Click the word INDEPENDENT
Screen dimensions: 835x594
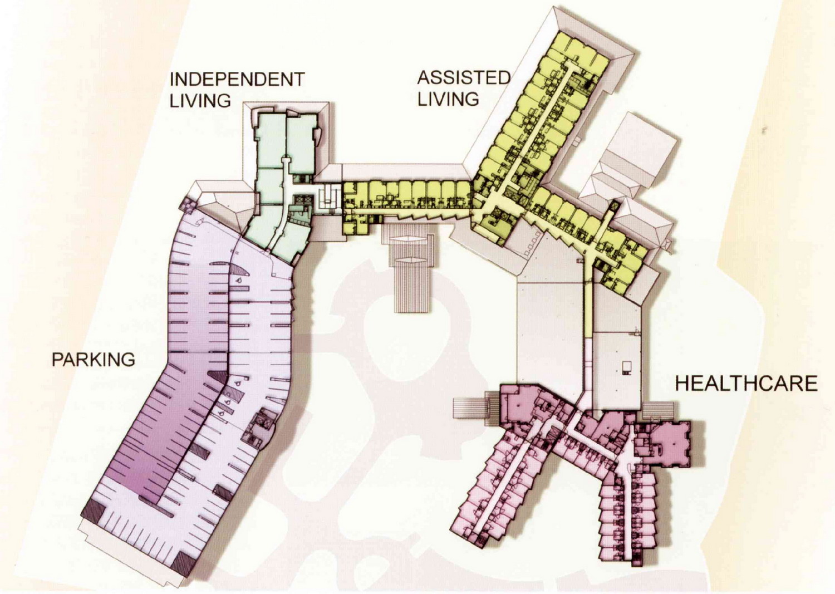(237, 79)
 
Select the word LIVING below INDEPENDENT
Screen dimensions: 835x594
(200, 101)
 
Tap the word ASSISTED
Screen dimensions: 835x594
(464, 77)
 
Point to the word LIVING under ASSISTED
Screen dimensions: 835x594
(448, 99)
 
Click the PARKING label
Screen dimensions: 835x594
(93, 360)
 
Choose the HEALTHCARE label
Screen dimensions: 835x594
(746, 384)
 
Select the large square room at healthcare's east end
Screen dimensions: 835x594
(671, 443)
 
